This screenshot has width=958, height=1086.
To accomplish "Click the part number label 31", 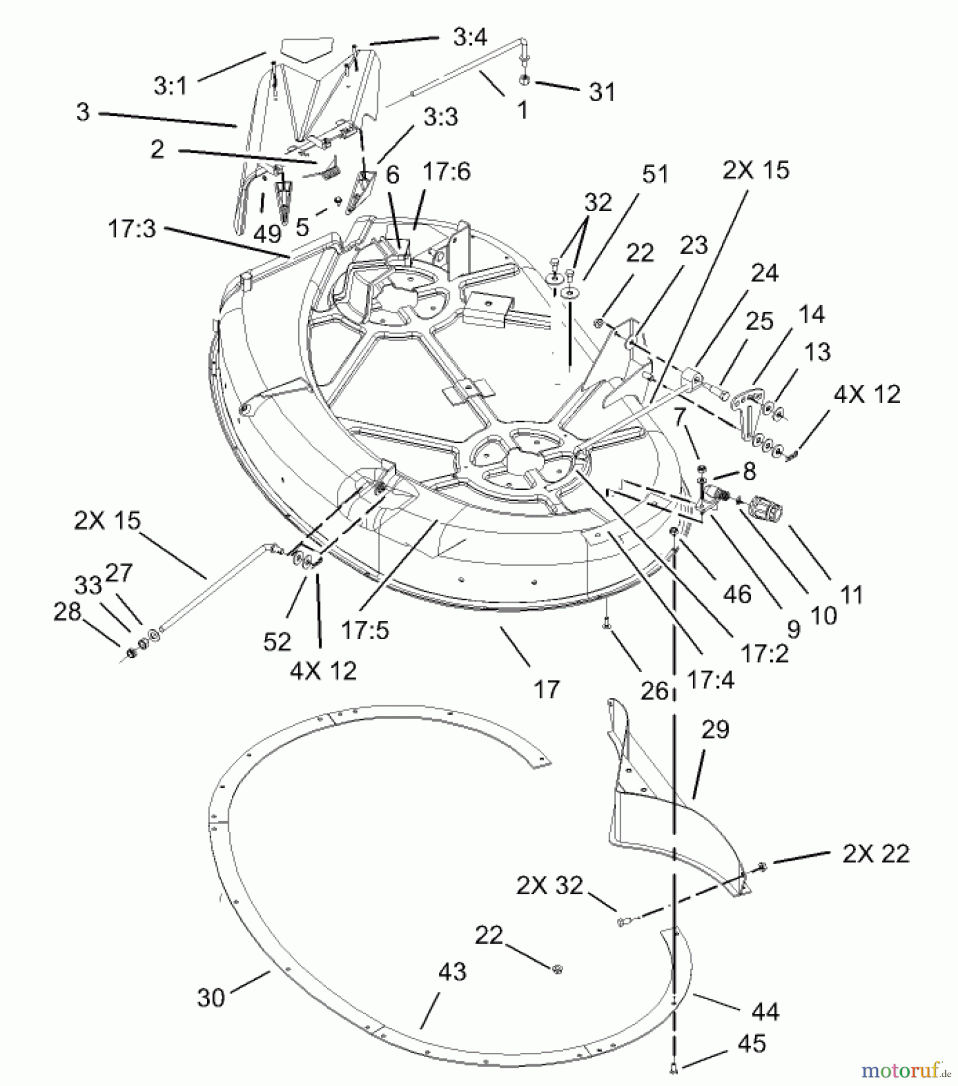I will click(602, 92).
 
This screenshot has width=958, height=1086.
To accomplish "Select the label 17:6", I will click(446, 172).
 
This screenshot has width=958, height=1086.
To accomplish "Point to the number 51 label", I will click(654, 174).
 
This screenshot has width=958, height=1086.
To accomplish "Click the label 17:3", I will click(132, 229).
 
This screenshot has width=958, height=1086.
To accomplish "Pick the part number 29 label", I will click(715, 729).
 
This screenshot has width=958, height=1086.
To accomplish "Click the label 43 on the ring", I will click(452, 972).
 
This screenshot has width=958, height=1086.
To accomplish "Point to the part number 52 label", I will click(277, 641).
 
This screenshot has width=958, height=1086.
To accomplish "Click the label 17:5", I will click(365, 630).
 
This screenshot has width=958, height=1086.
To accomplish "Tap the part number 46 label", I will click(736, 594).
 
